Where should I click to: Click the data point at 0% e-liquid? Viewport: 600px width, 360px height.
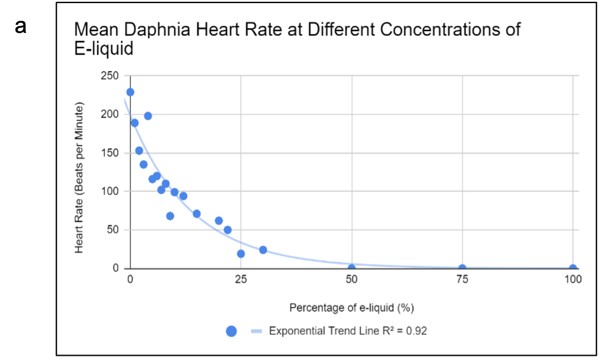click(130, 92)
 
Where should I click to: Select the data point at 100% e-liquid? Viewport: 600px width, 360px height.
click(573, 268)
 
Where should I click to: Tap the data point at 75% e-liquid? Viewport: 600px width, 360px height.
click(462, 268)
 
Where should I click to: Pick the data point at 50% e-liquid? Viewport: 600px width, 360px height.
click(351, 268)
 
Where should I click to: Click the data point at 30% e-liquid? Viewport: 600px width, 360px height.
click(263, 250)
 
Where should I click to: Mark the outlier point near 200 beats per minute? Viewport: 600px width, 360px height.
click(148, 116)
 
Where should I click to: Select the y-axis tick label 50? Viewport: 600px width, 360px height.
click(113, 230)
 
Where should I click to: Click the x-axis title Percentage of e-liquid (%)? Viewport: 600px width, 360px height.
click(351, 308)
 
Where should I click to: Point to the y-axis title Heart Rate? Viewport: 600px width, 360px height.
click(79, 178)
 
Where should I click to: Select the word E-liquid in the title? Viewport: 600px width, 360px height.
click(103, 49)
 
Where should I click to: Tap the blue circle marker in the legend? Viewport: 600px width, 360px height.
click(231, 331)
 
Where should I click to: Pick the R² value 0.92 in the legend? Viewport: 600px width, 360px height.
click(418, 331)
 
